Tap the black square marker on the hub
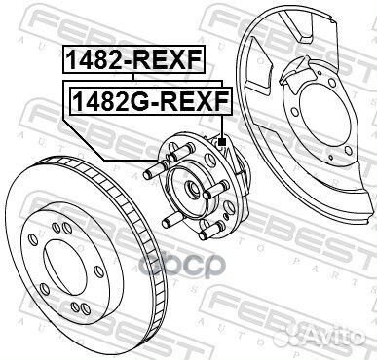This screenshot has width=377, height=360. [223, 143]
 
